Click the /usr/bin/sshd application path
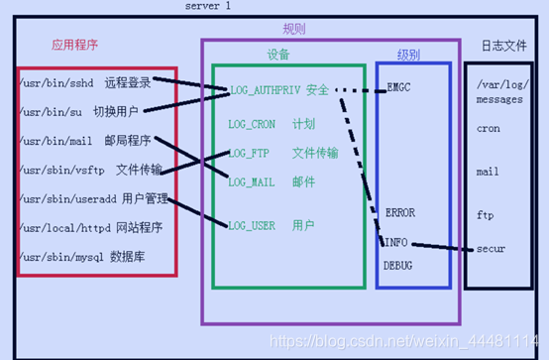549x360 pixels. coord(55,83)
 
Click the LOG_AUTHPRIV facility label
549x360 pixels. coord(264,91)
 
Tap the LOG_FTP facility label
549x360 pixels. coord(249,154)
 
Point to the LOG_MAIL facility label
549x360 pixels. coord(251,181)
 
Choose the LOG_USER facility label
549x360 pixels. coord(251,226)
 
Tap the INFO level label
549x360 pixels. coord(395,240)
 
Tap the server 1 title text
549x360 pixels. coord(208,7)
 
